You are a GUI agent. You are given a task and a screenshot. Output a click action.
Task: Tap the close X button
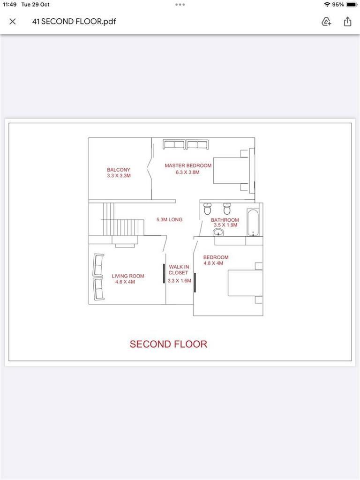[x=13, y=22]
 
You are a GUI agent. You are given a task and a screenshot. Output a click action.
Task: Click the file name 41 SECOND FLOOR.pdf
[x=74, y=22]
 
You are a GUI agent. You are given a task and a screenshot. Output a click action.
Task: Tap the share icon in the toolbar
[x=347, y=22]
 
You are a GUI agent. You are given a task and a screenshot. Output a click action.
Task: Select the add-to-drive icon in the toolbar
[x=326, y=22]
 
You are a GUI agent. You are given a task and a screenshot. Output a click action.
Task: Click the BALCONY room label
[x=119, y=170]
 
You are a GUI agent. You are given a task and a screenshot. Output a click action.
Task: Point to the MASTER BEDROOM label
[x=188, y=165]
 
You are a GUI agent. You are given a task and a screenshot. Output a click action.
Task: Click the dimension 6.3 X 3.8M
[x=187, y=172]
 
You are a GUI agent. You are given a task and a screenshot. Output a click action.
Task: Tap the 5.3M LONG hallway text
[x=169, y=219]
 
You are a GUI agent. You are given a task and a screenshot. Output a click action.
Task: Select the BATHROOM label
[x=225, y=220]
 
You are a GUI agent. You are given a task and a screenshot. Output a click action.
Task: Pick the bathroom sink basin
[x=218, y=232]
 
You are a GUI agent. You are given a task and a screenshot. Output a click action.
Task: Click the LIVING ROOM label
[x=128, y=276]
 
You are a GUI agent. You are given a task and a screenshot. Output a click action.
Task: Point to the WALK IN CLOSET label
[x=179, y=270]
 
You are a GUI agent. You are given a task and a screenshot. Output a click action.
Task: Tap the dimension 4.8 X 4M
[x=213, y=263]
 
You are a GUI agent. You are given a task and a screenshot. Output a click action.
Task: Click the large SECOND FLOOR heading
[x=168, y=344]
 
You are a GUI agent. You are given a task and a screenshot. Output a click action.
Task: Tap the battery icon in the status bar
[x=352, y=5]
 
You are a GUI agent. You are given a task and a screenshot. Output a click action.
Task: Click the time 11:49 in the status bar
[x=9, y=5]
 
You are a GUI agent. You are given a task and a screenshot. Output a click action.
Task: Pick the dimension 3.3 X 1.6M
[x=180, y=281]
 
